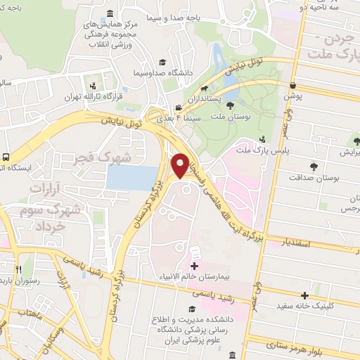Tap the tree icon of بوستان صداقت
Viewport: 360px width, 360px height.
(x=312, y=166)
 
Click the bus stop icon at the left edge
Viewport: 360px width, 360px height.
(x=6, y=157)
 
